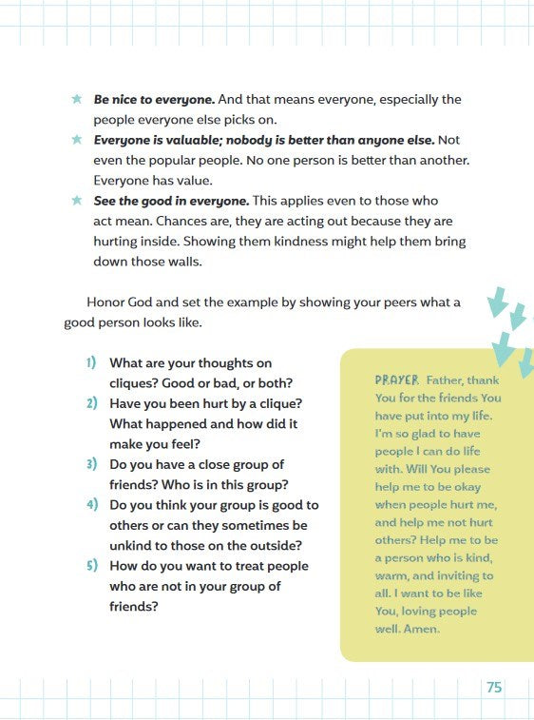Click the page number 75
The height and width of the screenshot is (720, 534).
click(494, 688)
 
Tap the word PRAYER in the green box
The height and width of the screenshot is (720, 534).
click(396, 379)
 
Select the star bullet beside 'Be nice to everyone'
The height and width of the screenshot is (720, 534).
click(77, 99)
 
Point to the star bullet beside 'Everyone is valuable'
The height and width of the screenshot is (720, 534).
click(77, 140)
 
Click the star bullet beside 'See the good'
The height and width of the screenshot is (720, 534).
click(77, 201)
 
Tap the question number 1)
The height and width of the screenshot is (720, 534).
click(92, 362)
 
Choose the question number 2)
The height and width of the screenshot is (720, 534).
click(92, 402)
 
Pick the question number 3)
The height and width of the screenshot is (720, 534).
click(92, 463)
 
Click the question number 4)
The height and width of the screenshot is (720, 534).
click(92, 504)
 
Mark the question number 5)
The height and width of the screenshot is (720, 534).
click(92, 565)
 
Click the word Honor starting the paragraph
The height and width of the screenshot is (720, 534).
click(107, 302)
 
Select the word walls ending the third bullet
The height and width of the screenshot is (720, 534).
click(183, 262)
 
